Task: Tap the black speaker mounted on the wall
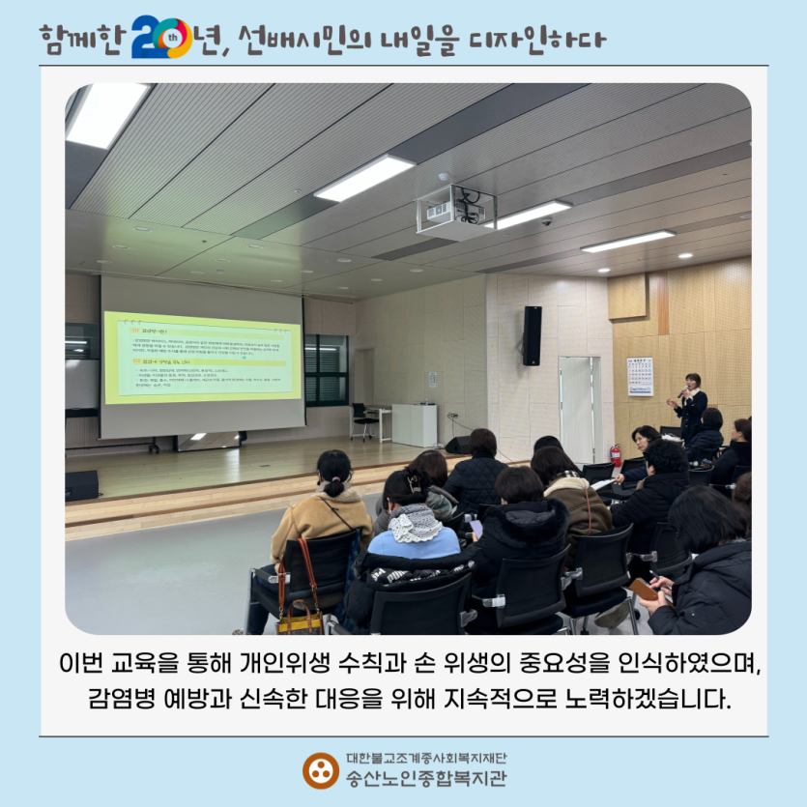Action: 532,335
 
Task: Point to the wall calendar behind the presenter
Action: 640,376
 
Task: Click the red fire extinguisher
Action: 616,454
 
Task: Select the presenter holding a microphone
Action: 691,405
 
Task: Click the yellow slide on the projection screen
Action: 202,357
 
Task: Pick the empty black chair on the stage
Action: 361,419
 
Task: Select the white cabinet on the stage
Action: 415,424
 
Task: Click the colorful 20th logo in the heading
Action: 161,38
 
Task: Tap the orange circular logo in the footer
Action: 320,769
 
